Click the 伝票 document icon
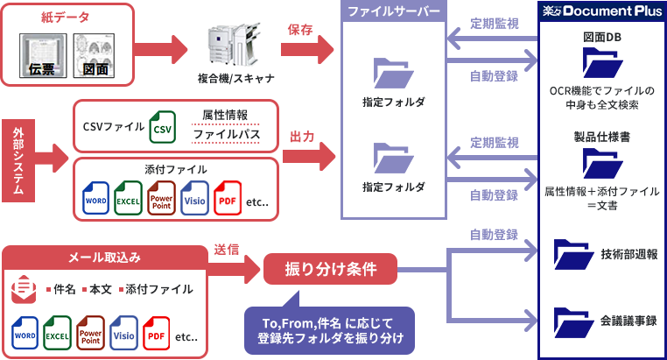click(x=44, y=56)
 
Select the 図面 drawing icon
click(x=95, y=56)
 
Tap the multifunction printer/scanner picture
click(x=235, y=46)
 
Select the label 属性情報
click(x=224, y=115)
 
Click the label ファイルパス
click(x=224, y=135)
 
